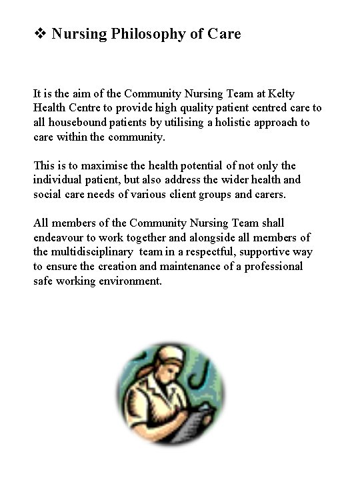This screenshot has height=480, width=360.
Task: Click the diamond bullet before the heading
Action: (39, 33)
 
